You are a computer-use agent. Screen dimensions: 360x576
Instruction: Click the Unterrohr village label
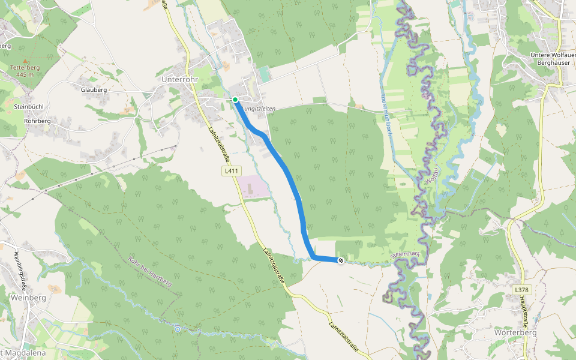coord(180,79)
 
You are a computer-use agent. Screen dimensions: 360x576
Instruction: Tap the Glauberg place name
coord(94,90)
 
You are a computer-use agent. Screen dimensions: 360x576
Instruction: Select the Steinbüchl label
coord(28,106)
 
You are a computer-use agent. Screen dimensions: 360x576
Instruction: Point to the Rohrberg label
coord(37,121)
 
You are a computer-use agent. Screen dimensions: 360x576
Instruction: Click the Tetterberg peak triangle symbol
coord(25,61)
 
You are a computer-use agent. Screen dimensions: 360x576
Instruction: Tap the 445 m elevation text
coord(25,74)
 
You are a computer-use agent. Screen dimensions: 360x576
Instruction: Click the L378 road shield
coord(521,290)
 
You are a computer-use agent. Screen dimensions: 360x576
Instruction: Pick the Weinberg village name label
coord(28,298)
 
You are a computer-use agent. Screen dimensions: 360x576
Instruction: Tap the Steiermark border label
coord(403,255)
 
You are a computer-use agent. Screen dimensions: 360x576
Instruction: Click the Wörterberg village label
coord(514,332)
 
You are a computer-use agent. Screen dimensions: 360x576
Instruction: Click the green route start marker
coord(235,100)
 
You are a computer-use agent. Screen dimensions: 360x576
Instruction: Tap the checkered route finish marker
coord(340,260)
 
